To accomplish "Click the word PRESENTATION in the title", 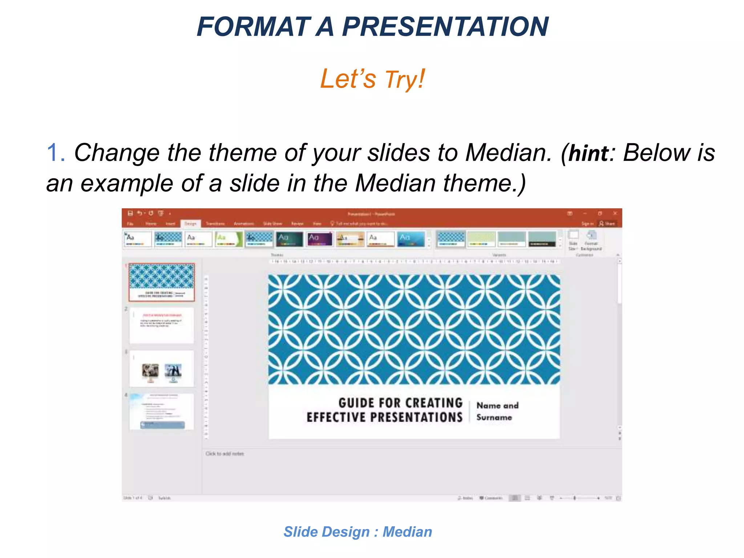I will click(445, 27).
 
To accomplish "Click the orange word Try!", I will click(405, 79).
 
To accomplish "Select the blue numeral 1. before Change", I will click(56, 153).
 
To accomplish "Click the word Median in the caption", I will click(407, 532).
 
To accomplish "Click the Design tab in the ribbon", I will click(190, 223).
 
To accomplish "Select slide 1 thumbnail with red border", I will click(162, 283).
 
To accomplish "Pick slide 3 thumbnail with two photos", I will click(162, 369).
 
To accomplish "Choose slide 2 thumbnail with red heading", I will click(162, 325).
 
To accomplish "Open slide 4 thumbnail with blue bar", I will click(162, 412).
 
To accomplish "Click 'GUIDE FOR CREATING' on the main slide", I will click(400, 403).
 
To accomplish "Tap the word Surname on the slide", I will click(494, 417).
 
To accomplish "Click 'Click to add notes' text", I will click(225, 454).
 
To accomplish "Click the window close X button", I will click(615, 213).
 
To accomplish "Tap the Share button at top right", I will click(607, 223).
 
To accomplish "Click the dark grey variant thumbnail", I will click(542, 239).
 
